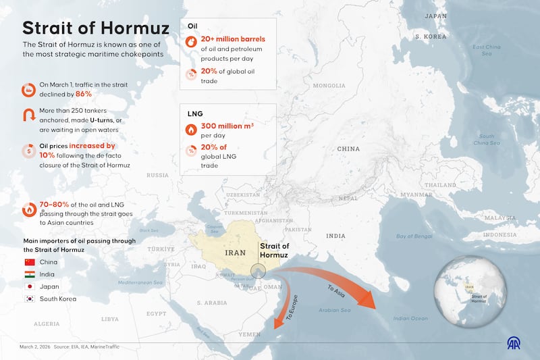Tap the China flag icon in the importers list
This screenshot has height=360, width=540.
(x=29, y=262)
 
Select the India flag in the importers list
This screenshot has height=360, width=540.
(x=29, y=274)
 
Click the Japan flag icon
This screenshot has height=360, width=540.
(x=29, y=286)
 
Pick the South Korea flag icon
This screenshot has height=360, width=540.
(x=29, y=299)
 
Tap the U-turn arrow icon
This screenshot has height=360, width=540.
(x=29, y=116)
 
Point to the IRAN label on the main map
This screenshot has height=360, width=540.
(x=235, y=252)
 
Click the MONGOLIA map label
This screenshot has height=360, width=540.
(x=329, y=86)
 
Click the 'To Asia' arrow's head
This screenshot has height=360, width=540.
(x=368, y=302)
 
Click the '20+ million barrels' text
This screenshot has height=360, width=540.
(x=233, y=39)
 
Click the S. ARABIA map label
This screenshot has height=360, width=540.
(x=212, y=303)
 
